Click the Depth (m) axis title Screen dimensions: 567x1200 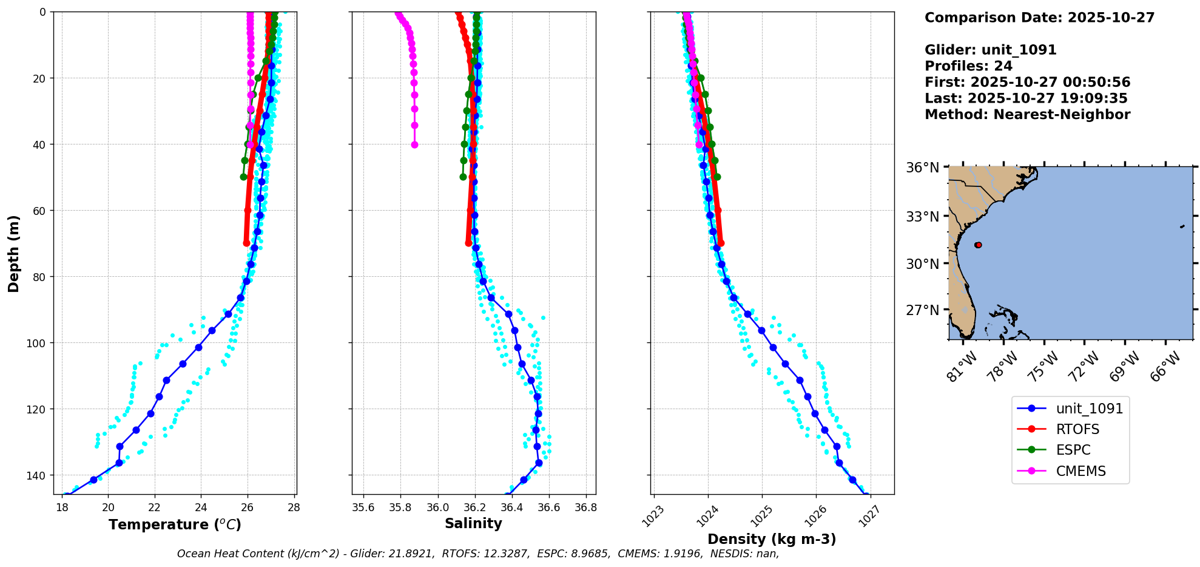[13, 253]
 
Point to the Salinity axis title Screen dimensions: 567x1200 [473, 523]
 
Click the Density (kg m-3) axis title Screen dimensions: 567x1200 [772, 539]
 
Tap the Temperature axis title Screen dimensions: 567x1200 [175, 525]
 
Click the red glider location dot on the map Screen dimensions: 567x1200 [978, 245]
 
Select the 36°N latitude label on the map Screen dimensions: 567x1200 [922, 168]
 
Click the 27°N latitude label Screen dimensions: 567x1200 [922, 310]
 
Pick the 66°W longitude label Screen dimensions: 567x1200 [1165, 367]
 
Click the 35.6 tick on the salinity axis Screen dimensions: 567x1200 [363, 507]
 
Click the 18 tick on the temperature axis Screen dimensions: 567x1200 [62, 507]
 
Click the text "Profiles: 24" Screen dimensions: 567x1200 [968, 66]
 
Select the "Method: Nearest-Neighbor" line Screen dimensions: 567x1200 [1027, 115]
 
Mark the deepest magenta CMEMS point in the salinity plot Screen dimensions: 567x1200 [414, 144]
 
